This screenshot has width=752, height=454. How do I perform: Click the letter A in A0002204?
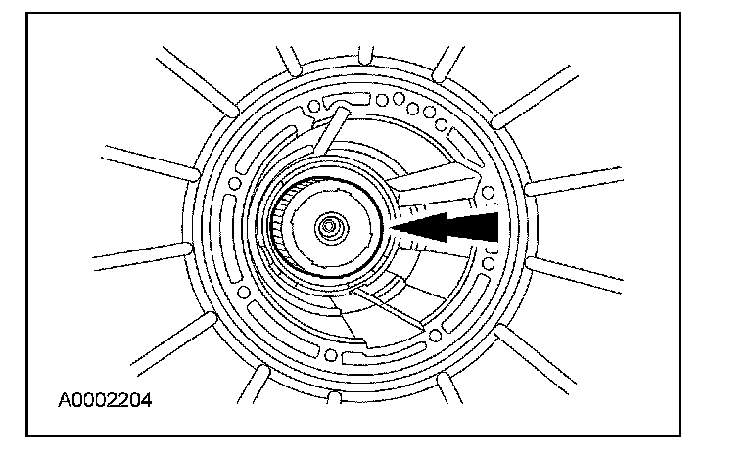click(62, 400)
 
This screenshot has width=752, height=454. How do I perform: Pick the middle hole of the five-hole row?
click(412, 109)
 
